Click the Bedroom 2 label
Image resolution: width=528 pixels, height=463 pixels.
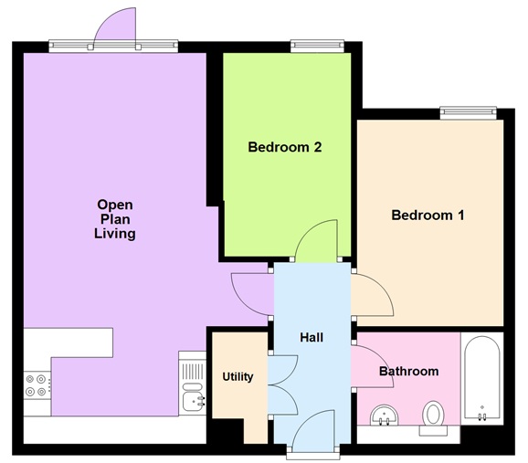pos(285,146)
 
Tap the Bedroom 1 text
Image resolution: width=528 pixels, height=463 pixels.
pos(428,216)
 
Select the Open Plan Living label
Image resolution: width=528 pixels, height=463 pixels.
pos(115,219)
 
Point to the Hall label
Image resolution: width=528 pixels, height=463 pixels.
pos(312,338)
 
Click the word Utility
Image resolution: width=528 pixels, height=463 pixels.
pos(238,376)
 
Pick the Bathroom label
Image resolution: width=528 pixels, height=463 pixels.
pos(408,372)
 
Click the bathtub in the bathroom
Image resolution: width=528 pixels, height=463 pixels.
pos(482,380)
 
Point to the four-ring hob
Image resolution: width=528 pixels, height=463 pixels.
pos(37,385)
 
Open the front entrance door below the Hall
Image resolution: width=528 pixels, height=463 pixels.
pos(312,429)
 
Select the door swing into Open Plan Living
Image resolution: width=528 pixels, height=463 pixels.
pos(251,292)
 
